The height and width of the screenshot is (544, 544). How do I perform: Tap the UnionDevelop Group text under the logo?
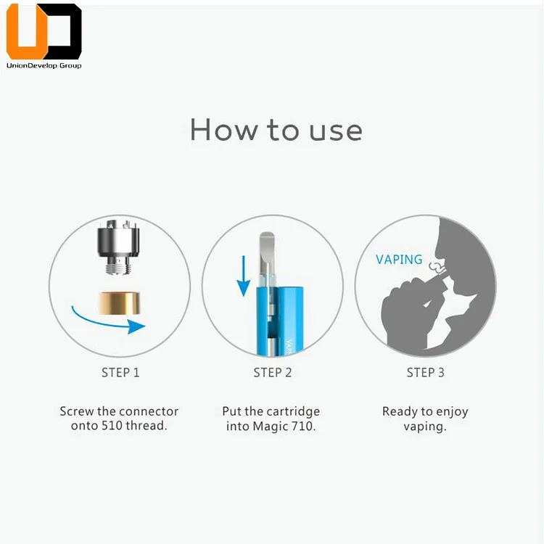(44, 65)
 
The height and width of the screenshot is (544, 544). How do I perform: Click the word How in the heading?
(224, 130)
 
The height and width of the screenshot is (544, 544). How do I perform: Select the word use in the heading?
(336, 131)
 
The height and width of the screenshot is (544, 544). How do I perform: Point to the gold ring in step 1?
(120, 303)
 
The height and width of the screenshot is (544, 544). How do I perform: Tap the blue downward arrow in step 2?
(244, 276)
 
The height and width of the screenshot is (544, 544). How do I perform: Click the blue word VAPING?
(399, 260)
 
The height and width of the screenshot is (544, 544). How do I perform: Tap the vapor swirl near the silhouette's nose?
(436, 267)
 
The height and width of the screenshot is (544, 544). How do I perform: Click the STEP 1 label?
(120, 373)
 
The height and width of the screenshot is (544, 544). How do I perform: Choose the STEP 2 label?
(273, 373)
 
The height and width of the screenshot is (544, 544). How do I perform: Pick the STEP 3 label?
(425, 373)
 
